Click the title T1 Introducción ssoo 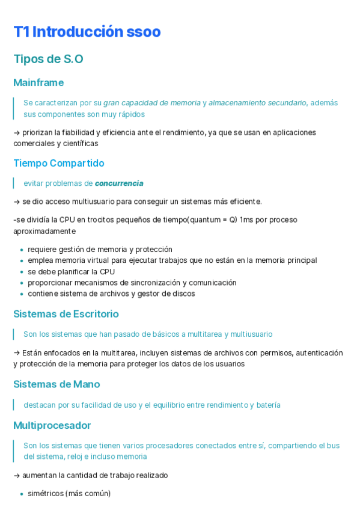click(x=87, y=32)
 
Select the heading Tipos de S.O click(x=48, y=59)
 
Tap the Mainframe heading click(x=38, y=82)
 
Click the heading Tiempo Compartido click(x=59, y=163)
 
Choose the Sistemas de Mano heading click(x=56, y=384)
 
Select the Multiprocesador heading click(x=52, y=425)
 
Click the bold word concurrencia click(x=119, y=183)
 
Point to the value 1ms click(x=246, y=220)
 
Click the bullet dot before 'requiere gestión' click(x=22, y=250)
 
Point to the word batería click(x=268, y=405)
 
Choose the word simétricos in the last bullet click(x=45, y=494)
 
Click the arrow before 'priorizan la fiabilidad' click(x=17, y=132)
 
